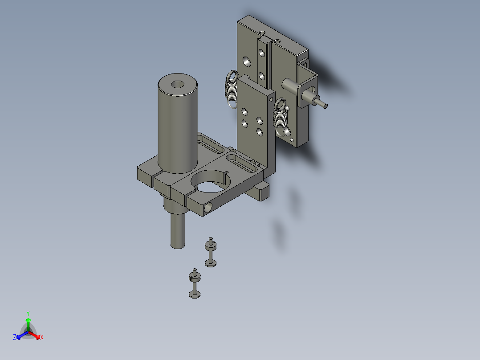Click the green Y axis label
tap(28, 313)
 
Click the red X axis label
tap(42, 337)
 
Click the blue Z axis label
tap(15, 337)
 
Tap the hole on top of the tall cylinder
tap(177, 84)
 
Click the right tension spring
tap(280, 116)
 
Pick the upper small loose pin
tap(211, 252)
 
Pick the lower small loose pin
tap(195, 283)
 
